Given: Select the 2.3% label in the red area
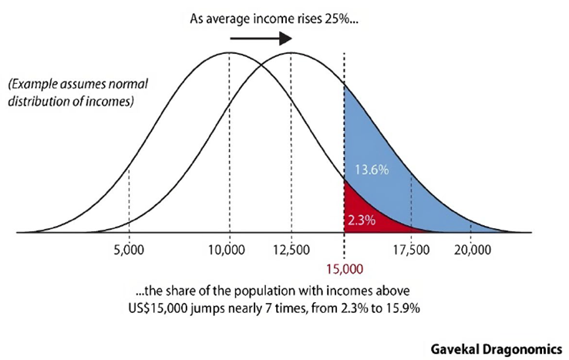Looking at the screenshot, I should (x=361, y=220).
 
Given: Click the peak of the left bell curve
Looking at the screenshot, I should (x=229, y=52).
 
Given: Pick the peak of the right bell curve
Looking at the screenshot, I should (x=290, y=52).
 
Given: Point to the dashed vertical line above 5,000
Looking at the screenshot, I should (x=128, y=200).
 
